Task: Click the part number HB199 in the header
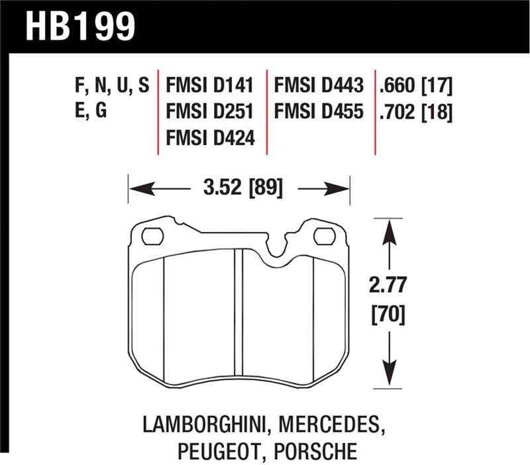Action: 80,26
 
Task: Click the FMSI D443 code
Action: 319,86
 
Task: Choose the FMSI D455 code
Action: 319,112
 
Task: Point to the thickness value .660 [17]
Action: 417,86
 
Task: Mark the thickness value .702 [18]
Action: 417,112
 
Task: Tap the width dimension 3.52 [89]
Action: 239,189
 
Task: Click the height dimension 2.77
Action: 388,285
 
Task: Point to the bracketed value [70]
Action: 388,311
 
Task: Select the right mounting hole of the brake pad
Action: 324,236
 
